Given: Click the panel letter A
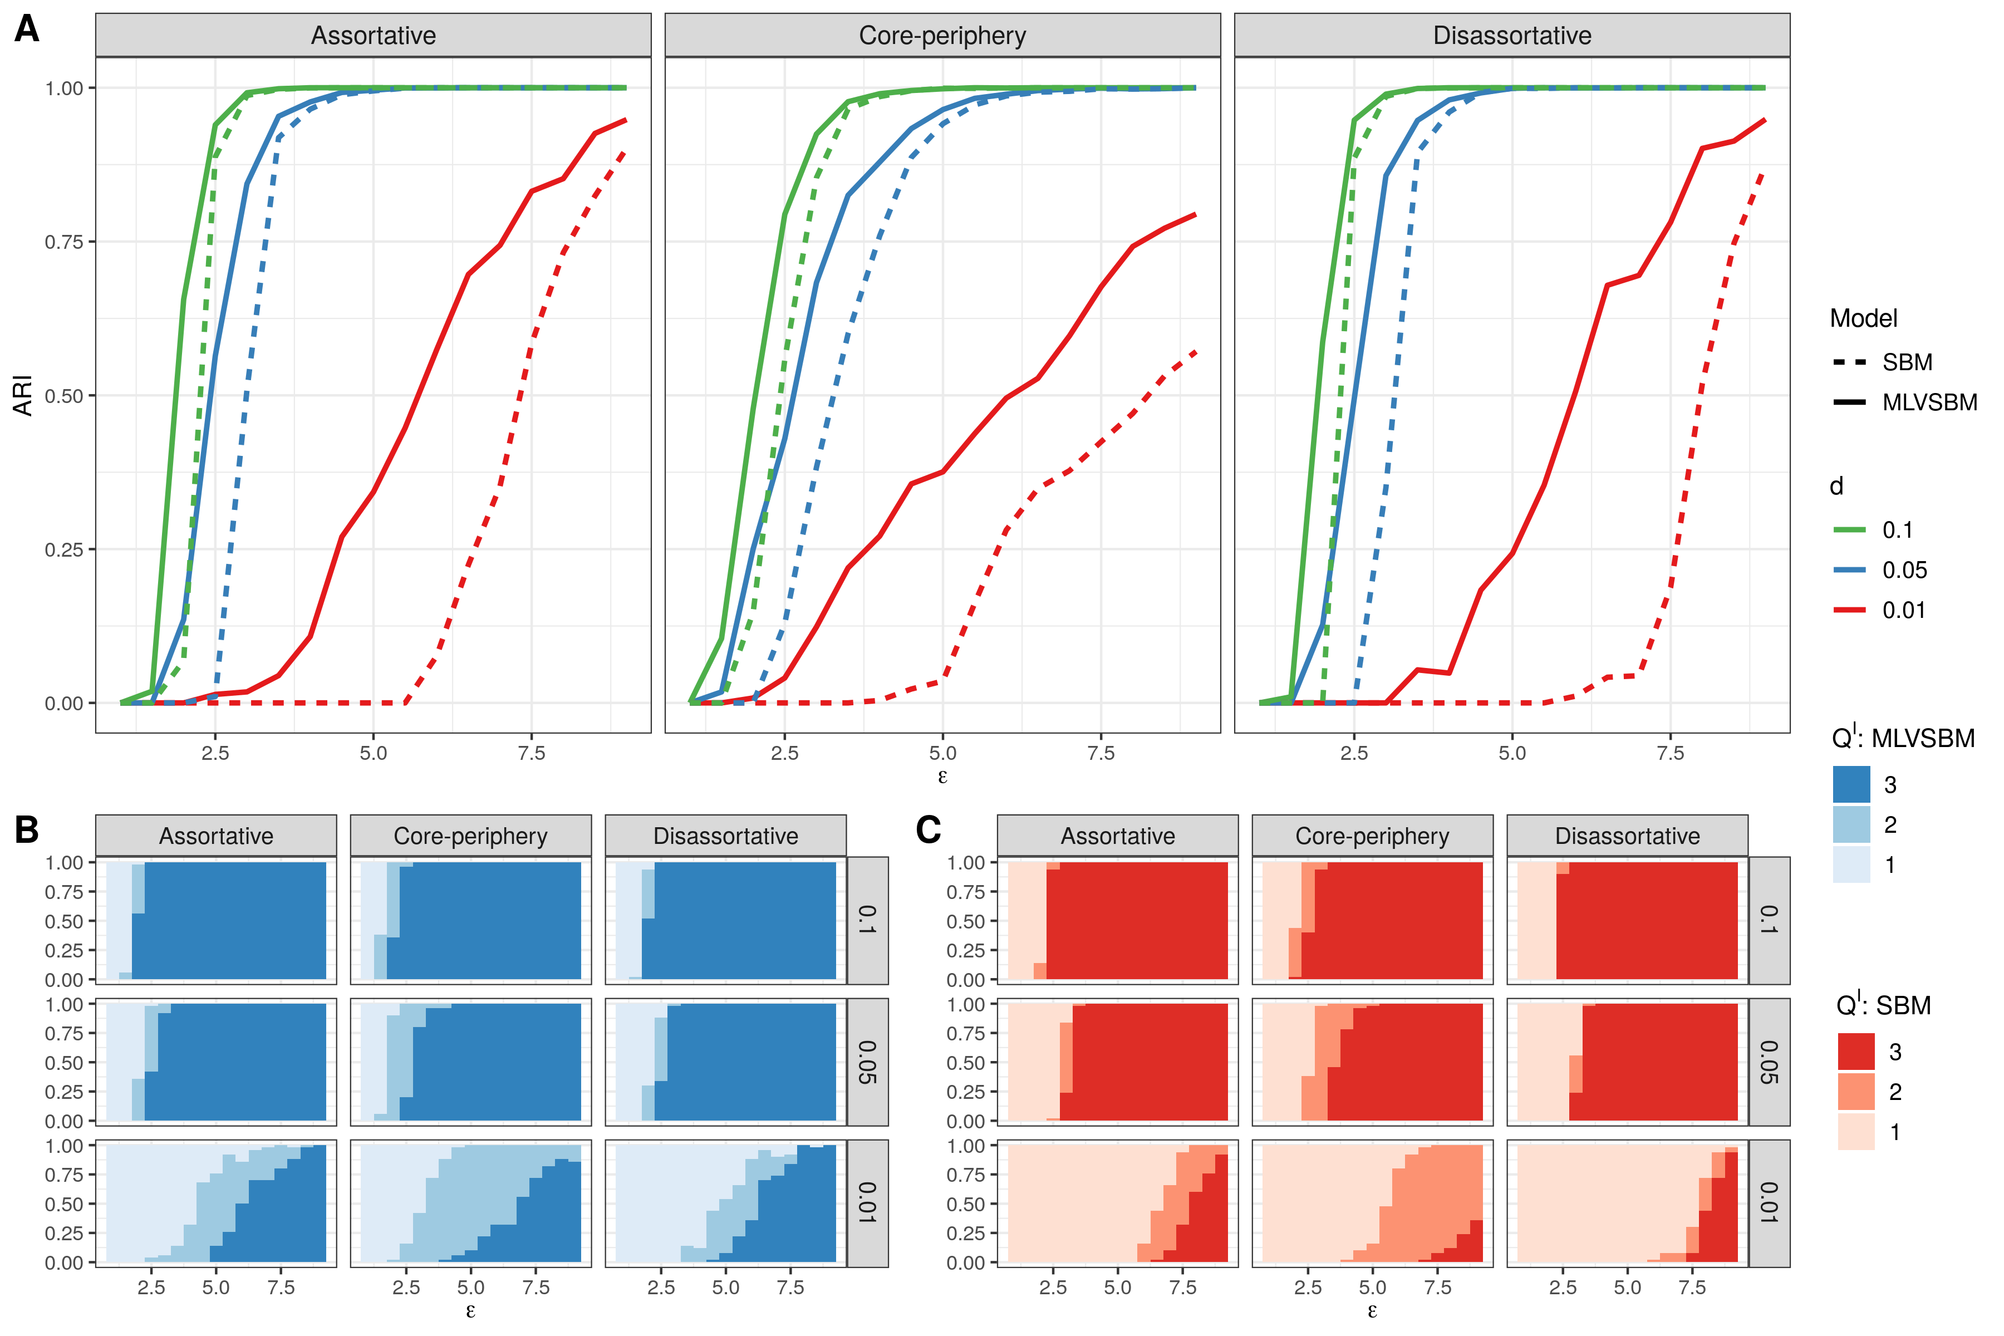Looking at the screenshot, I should coord(26,30).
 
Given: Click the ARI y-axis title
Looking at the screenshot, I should coord(23,395).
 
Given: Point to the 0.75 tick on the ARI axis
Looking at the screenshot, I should coord(64,242).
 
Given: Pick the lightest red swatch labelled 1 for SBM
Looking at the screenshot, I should coord(1856,1132).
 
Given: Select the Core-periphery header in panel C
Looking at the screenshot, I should coord(1372,836).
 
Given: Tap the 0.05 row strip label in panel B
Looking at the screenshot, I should coord(867,1062).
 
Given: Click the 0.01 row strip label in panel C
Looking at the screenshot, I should coord(1769,1203).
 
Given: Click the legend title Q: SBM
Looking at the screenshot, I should coord(1883,1005).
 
